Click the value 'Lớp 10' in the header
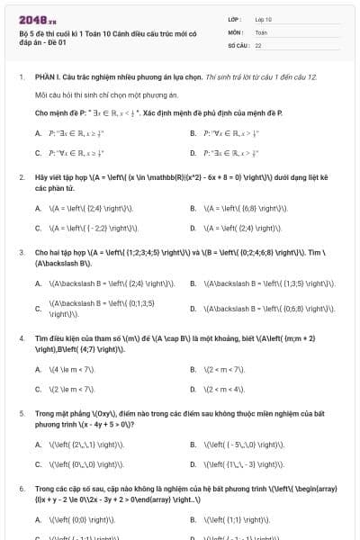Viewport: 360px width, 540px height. click(264, 19)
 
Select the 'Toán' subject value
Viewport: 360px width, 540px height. click(261, 31)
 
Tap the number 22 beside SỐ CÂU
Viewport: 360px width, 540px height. click(258, 44)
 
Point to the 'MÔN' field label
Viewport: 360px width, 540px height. click(236, 31)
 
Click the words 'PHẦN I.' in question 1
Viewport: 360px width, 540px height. click(46, 77)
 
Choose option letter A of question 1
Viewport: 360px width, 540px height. click(38, 133)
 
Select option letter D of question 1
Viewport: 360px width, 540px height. click(193, 153)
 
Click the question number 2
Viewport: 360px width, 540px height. click(21, 177)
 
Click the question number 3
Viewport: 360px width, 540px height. click(21, 253)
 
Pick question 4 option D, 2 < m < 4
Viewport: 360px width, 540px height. click(220, 389)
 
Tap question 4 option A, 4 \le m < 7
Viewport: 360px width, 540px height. click(72, 369)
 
